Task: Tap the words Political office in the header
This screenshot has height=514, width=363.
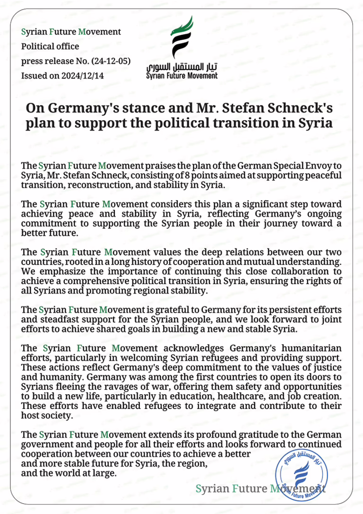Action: coord(51,46)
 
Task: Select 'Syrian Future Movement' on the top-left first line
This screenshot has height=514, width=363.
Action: coord(71,32)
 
